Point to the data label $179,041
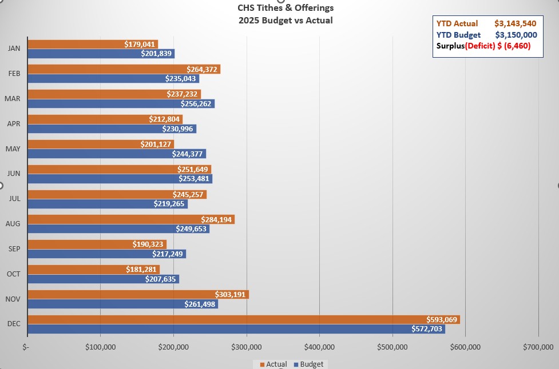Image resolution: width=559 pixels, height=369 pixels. tap(140, 44)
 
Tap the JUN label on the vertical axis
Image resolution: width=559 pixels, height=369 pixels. tap(14, 174)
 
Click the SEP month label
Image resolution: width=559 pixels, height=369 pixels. tap(14, 249)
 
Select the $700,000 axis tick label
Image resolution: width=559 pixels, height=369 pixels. tap(538, 347)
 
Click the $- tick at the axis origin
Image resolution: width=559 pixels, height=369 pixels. tap(26, 347)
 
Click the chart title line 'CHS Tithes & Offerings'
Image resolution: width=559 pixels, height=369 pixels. tap(286, 8)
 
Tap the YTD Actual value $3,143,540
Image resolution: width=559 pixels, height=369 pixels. tap(516, 24)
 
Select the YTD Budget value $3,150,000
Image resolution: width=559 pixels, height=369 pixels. tap(516, 35)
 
